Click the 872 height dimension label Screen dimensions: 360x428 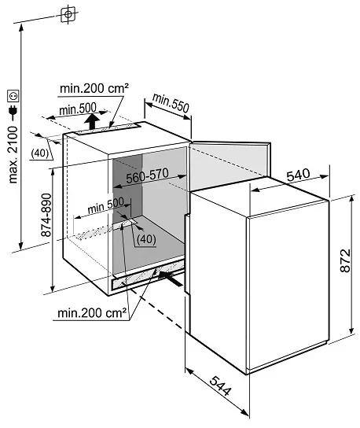coord(345,260)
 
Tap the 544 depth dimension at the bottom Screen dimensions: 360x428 coord(221,386)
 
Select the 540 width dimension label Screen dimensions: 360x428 coord(299,175)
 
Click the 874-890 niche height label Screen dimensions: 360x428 coord(46,215)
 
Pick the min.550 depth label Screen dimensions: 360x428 coord(171,103)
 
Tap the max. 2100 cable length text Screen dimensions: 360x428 coord(13,154)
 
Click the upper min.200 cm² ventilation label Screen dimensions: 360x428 coord(94,88)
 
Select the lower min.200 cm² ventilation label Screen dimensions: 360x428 coord(92,313)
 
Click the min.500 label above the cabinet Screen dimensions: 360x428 coord(78,109)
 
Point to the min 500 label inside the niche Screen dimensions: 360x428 coord(106,205)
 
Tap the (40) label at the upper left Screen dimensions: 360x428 coord(40,153)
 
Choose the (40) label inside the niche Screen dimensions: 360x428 coord(146,239)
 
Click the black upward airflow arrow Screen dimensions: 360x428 coord(92,121)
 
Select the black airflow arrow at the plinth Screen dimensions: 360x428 coord(171,279)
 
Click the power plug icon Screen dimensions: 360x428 coord(13,110)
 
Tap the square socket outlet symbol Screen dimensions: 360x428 coord(13,96)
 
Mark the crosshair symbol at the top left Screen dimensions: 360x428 coord(68,13)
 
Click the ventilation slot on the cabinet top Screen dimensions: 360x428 coord(108,129)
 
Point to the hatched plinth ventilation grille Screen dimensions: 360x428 coord(148,275)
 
